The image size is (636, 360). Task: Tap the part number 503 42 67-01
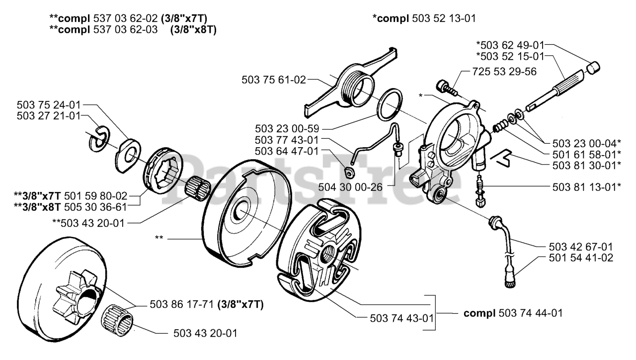coord(581,247)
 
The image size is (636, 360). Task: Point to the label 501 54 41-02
coord(581,258)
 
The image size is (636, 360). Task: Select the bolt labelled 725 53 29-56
coord(446,87)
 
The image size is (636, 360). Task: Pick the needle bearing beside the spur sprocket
coord(118,320)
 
